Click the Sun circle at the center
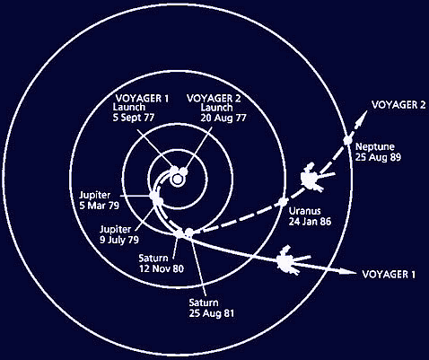click(177, 180)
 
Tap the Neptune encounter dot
click(347, 140)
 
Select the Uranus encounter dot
click(283, 202)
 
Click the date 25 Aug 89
click(378, 157)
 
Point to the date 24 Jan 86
click(310, 222)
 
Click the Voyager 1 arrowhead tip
click(355, 272)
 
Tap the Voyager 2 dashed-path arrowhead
click(363, 117)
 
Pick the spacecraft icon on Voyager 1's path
click(292, 260)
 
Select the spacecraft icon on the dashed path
click(316, 177)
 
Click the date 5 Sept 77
click(134, 118)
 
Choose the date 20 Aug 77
click(223, 118)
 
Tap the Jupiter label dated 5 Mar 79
click(95, 195)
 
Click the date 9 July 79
click(119, 240)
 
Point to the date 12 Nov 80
click(162, 268)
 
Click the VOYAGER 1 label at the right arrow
click(389, 275)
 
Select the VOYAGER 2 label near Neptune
click(398, 105)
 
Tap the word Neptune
click(375, 146)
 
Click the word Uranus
click(304, 211)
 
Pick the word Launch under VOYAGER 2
click(216, 108)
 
